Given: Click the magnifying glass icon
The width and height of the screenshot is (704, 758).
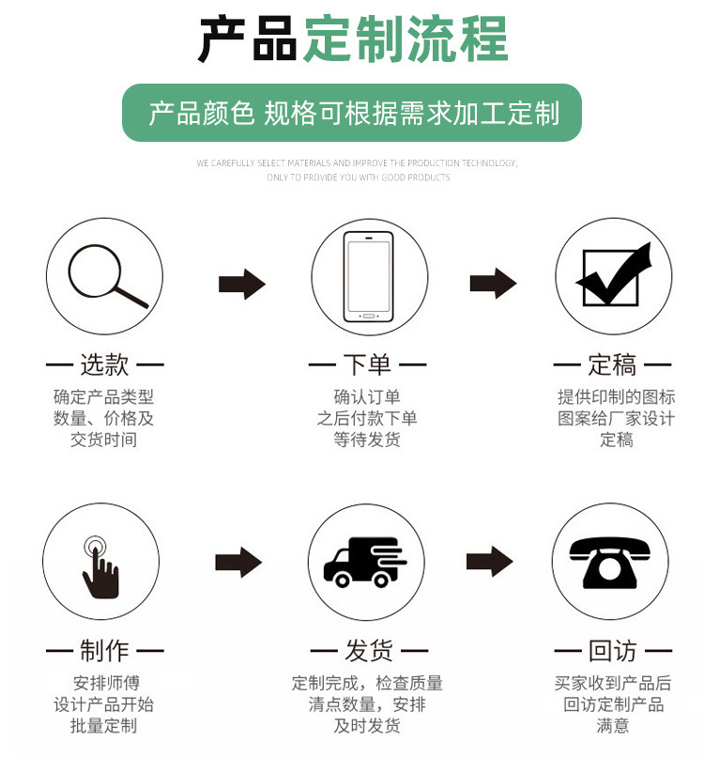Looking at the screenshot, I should point(105,276).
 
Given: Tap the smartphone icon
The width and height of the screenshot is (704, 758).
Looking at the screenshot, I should point(368,276).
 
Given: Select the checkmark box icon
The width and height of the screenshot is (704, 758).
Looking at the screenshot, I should point(613,276).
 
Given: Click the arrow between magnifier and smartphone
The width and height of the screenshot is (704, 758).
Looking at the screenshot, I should point(241,284).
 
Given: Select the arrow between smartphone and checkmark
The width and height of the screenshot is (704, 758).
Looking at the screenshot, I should point(493,284).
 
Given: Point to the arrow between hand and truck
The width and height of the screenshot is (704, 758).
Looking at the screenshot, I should point(238,563).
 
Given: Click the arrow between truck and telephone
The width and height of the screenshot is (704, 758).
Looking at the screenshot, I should point(489,562).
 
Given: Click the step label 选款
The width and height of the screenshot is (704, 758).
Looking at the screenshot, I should point(104,364).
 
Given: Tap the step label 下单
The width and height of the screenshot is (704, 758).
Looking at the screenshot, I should point(367,364).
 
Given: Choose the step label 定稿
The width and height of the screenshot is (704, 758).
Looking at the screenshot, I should point(613,364).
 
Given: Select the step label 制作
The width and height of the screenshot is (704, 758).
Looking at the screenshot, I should point(104,650).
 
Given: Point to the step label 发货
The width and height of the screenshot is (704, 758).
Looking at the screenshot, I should point(368,650).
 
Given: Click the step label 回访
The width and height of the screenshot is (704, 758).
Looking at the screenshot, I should point(613,650).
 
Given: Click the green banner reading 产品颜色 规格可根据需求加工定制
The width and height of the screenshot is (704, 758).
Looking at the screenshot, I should point(352,114).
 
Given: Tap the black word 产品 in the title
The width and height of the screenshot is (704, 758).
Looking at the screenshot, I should point(248,39).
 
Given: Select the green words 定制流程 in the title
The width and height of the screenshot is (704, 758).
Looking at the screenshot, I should point(405,39).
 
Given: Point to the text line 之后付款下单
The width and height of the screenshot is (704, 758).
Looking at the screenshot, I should point(367,418).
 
